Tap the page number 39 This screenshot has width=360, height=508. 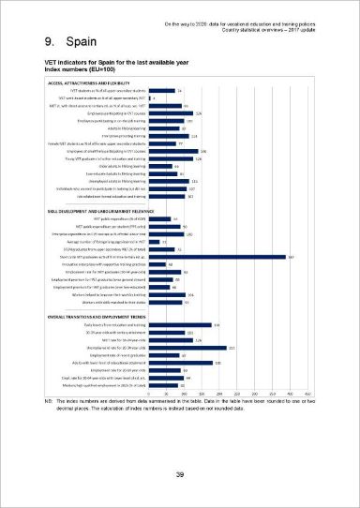point(179,475)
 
